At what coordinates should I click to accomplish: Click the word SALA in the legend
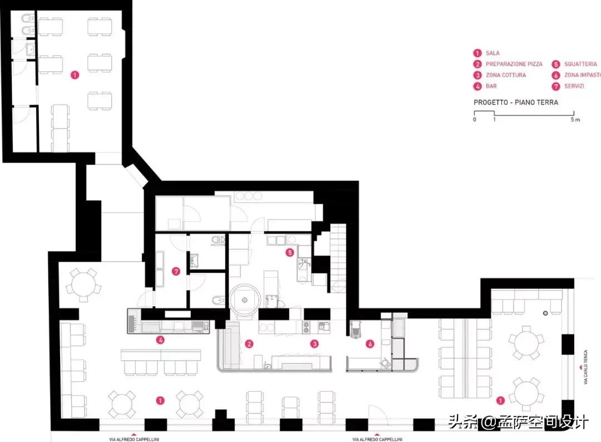492,53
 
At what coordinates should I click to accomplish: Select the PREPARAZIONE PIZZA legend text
514,64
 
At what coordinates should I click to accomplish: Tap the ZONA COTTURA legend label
506,75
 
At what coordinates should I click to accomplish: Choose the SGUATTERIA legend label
580,64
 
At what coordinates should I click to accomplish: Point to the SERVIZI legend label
574,86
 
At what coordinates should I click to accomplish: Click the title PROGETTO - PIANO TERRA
516,102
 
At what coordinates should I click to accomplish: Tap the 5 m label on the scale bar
575,120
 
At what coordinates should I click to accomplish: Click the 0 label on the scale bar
475,120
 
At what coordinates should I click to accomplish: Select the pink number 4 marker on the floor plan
160,340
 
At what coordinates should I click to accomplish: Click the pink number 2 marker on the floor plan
249,344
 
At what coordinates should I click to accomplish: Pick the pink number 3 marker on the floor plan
314,344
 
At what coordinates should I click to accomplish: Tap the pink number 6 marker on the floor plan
370,344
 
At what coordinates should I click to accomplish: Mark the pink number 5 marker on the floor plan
290,253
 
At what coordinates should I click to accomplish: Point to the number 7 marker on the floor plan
176,272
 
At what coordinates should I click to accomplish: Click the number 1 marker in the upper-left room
75,75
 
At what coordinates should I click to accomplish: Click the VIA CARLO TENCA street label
585,367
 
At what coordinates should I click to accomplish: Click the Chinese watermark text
518,423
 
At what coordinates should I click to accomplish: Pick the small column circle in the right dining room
545,313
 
